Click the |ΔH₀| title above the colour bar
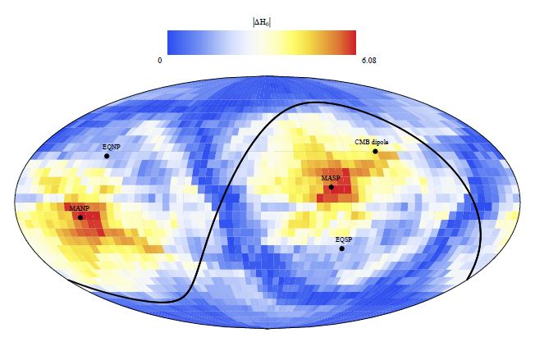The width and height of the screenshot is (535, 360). pyautogui.click(x=262, y=22)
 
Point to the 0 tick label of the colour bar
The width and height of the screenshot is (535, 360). pyautogui.click(x=161, y=60)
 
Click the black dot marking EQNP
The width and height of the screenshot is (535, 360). pyautogui.click(x=107, y=156)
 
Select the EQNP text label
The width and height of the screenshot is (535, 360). pyautogui.click(x=111, y=147)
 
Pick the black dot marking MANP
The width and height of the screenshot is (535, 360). pyautogui.click(x=80, y=217)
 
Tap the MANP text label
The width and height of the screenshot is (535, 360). pyautogui.click(x=79, y=208)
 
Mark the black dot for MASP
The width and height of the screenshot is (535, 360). pyautogui.click(x=332, y=187)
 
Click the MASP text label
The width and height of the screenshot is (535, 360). pyautogui.click(x=331, y=178)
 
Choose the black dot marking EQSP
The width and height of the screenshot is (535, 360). pyautogui.click(x=342, y=248)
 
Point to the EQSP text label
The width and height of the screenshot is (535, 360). pyautogui.click(x=344, y=239)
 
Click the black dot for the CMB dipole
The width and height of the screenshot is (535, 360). pyautogui.click(x=375, y=151)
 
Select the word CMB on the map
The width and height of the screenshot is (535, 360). pyautogui.click(x=362, y=142)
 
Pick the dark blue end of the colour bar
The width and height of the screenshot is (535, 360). pyautogui.click(x=171, y=43)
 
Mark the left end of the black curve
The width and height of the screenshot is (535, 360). pyautogui.click(x=69, y=280)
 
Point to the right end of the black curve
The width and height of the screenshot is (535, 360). pyautogui.click(x=467, y=280)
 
